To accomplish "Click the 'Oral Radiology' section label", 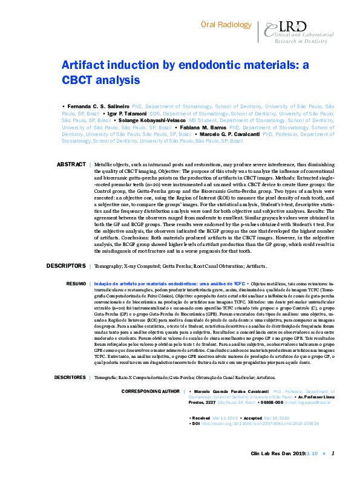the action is (x=225, y=25).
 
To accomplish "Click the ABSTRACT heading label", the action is (x=71, y=164).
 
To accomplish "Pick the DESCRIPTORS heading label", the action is (x=67, y=266).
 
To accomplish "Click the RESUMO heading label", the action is (x=76, y=283).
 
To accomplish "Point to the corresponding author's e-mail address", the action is (x=306, y=402).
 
